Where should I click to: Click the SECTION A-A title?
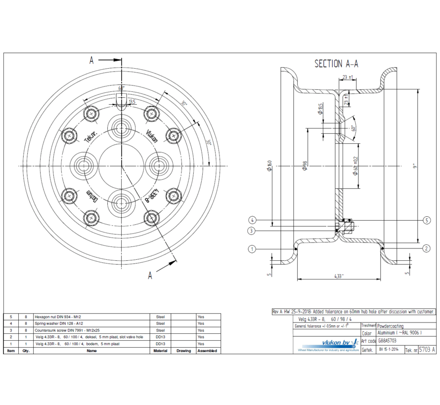(336, 64)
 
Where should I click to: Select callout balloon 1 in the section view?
(252, 249)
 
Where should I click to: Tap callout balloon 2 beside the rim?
(426, 248)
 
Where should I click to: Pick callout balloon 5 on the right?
(427, 220)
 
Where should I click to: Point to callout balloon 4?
(252, 220)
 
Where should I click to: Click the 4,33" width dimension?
(339, 276)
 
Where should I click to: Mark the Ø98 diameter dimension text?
(305, 165)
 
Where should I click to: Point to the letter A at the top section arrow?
(91, 60)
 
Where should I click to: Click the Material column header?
(160, 351)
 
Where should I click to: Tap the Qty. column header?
(26, 351)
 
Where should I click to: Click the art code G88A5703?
(387, 341)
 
